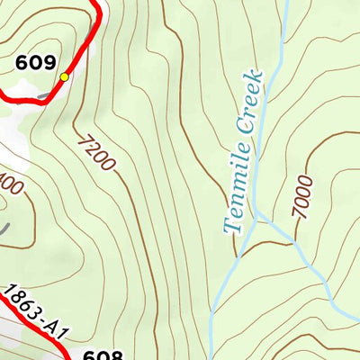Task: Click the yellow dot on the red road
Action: [x=64, y=78]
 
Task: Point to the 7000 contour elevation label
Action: [x=303, y=197]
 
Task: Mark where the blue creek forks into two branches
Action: [x=257, y=219]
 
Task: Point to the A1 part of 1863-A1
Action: [x=59, y=333]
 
